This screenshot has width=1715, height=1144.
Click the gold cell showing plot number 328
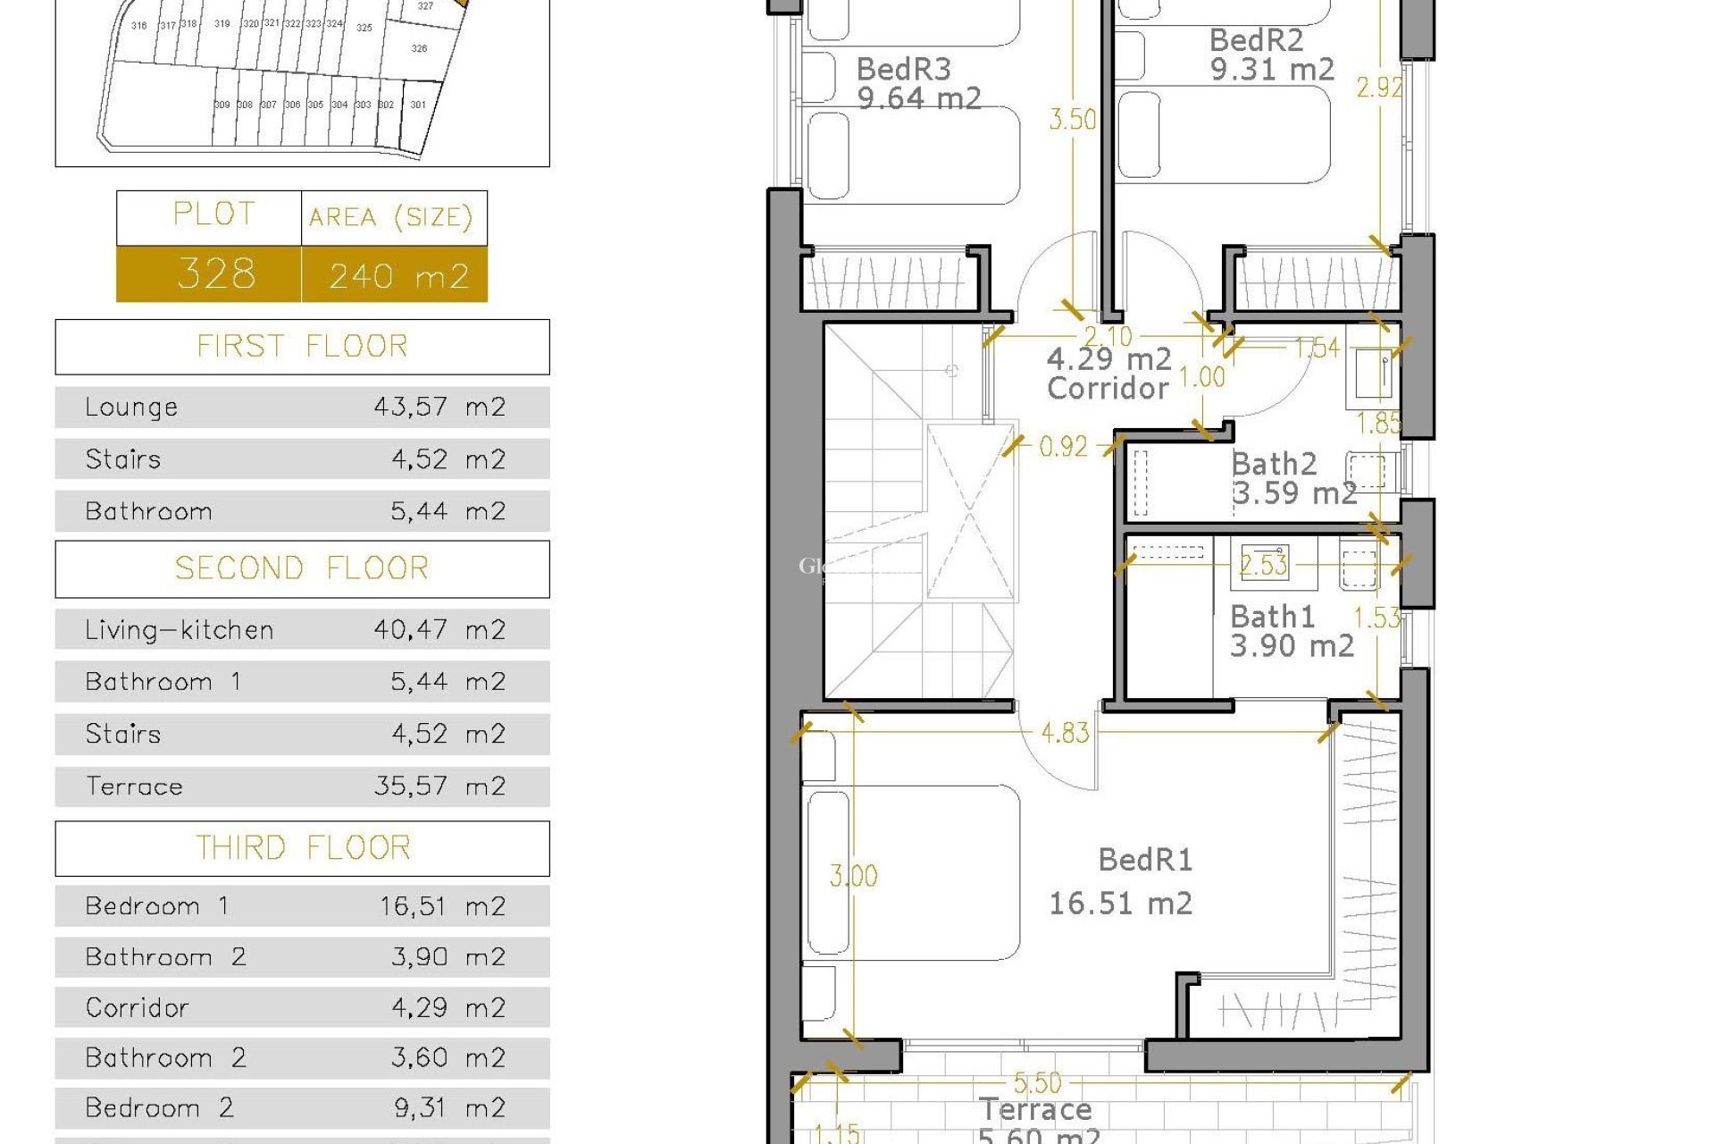pos(214,273)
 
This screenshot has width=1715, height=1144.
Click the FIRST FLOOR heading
pos(302,346)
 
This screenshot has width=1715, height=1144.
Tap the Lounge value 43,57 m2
pos(439,407)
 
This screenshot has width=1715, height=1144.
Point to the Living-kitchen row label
pos(179,630)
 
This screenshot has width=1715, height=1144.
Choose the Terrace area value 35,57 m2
pos(439,786)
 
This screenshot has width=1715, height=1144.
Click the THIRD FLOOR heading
pos(302,847)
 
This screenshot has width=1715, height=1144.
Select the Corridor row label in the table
pos(137,1007)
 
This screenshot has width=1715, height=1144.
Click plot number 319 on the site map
pos(222,24)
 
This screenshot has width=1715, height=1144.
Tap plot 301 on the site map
pos(418,105)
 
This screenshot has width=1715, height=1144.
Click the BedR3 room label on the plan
pos(903,69)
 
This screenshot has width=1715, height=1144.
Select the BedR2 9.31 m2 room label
pos(1270,55)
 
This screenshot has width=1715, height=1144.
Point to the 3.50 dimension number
pos(1072,119)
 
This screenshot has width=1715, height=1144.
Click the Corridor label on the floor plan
pos(1108,388)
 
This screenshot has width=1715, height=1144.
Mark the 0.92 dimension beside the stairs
pos(1063,446)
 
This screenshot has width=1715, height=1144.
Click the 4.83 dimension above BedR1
pos(1065,733)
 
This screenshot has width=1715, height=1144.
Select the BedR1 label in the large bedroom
pos(1144,860)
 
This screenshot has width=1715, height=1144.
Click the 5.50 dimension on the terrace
pos(1037,1083)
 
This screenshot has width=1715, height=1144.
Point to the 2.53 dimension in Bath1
pos(1263,565)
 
